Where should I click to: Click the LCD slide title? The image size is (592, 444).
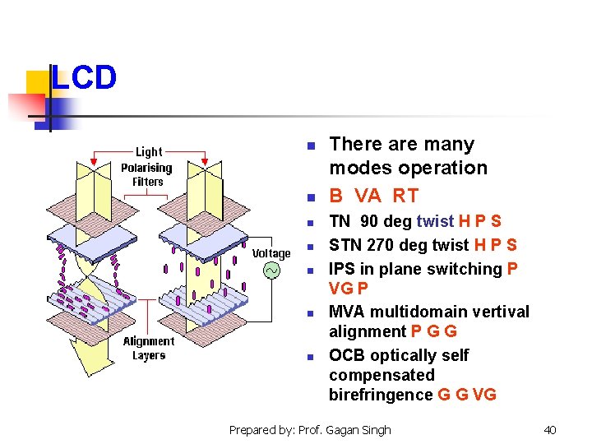pos(83,79)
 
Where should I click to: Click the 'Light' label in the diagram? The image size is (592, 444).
pos(149,151)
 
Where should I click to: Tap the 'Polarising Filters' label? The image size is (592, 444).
pos(146,174)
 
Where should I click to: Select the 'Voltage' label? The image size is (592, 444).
pos(271,253)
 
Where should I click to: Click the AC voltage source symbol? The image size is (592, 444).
pos(271,270)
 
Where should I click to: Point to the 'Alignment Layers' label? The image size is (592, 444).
pos(149,348)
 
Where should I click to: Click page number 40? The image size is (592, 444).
pos(550,429)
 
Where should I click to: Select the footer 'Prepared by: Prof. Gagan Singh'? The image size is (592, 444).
pos(310,429)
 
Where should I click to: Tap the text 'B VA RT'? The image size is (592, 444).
pos(373,196)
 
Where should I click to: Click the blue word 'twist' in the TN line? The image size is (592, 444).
pos(436,221)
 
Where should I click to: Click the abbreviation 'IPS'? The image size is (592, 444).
pos(343,269)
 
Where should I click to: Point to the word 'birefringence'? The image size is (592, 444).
pos(381,395)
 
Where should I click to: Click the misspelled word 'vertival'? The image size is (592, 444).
pos(499,312)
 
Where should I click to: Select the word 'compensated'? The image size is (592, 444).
pos(382,375)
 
